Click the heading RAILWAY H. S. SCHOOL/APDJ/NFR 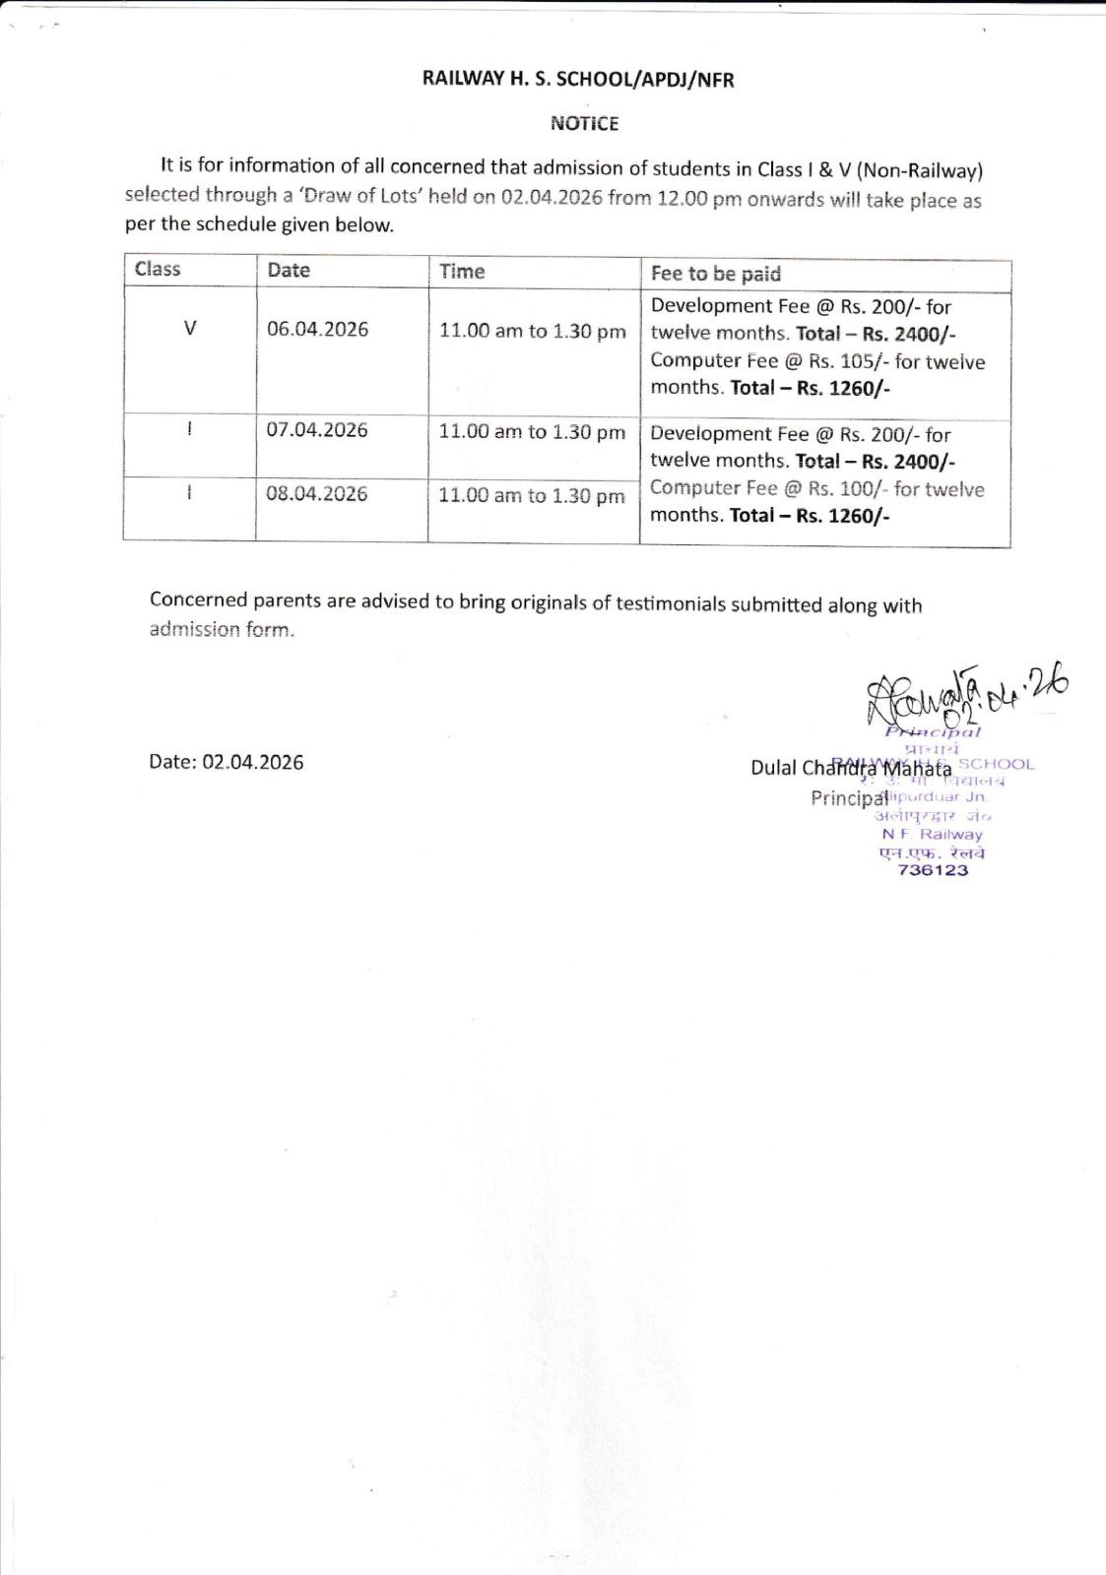578,80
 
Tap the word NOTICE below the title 584,123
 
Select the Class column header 158,269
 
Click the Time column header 462,271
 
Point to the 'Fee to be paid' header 715,274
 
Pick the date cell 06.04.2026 317,329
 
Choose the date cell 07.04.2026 317,430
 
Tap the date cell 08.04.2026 317,493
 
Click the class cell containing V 190,329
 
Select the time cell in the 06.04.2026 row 532,331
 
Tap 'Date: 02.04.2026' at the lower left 227,762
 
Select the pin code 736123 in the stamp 933,870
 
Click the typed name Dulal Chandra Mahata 851,768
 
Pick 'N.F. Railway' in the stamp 932,834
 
